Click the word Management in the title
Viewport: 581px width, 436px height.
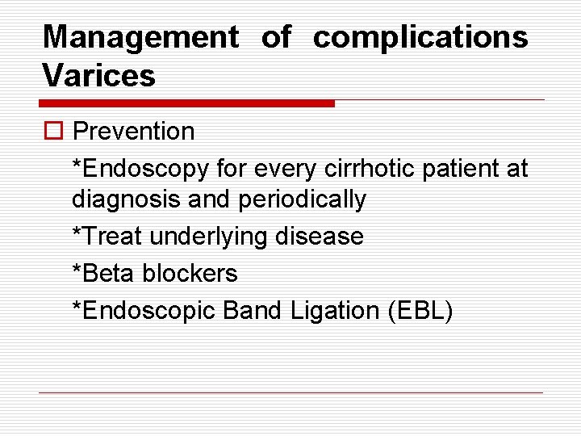coord(140,37)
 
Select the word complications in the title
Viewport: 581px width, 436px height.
coord(420,37)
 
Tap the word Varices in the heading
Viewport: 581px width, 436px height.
coord(98,76)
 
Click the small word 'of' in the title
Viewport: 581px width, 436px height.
coord(276,37)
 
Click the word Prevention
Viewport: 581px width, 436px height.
coord(133,132)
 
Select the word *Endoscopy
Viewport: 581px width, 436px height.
coord(140,169)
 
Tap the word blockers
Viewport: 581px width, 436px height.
coord(190,274)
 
